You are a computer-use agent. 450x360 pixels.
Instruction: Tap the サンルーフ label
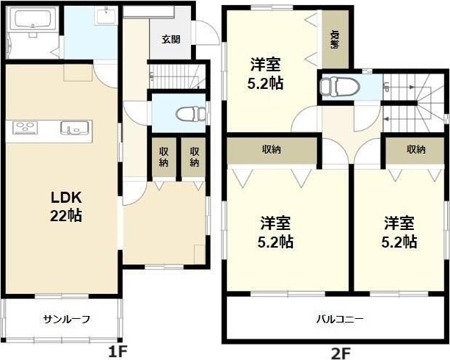pyautogui.click(x=66, y=319)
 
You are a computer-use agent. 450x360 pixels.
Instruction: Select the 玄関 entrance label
pyautogui.click(x=170, y=39)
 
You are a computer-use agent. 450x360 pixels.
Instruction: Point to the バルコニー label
pyautogui.click(x=340, y=320)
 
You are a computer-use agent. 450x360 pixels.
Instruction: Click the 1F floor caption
pyautogui.click(x=117, y=352)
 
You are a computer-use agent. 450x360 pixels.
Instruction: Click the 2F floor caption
pyautogui.click(x=340, y=352)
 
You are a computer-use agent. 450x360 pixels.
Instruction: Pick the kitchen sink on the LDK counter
pyautogui.click(x=74, y=129)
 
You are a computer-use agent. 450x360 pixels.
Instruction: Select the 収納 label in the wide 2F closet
pyautogui.click(x=272, y=149)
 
